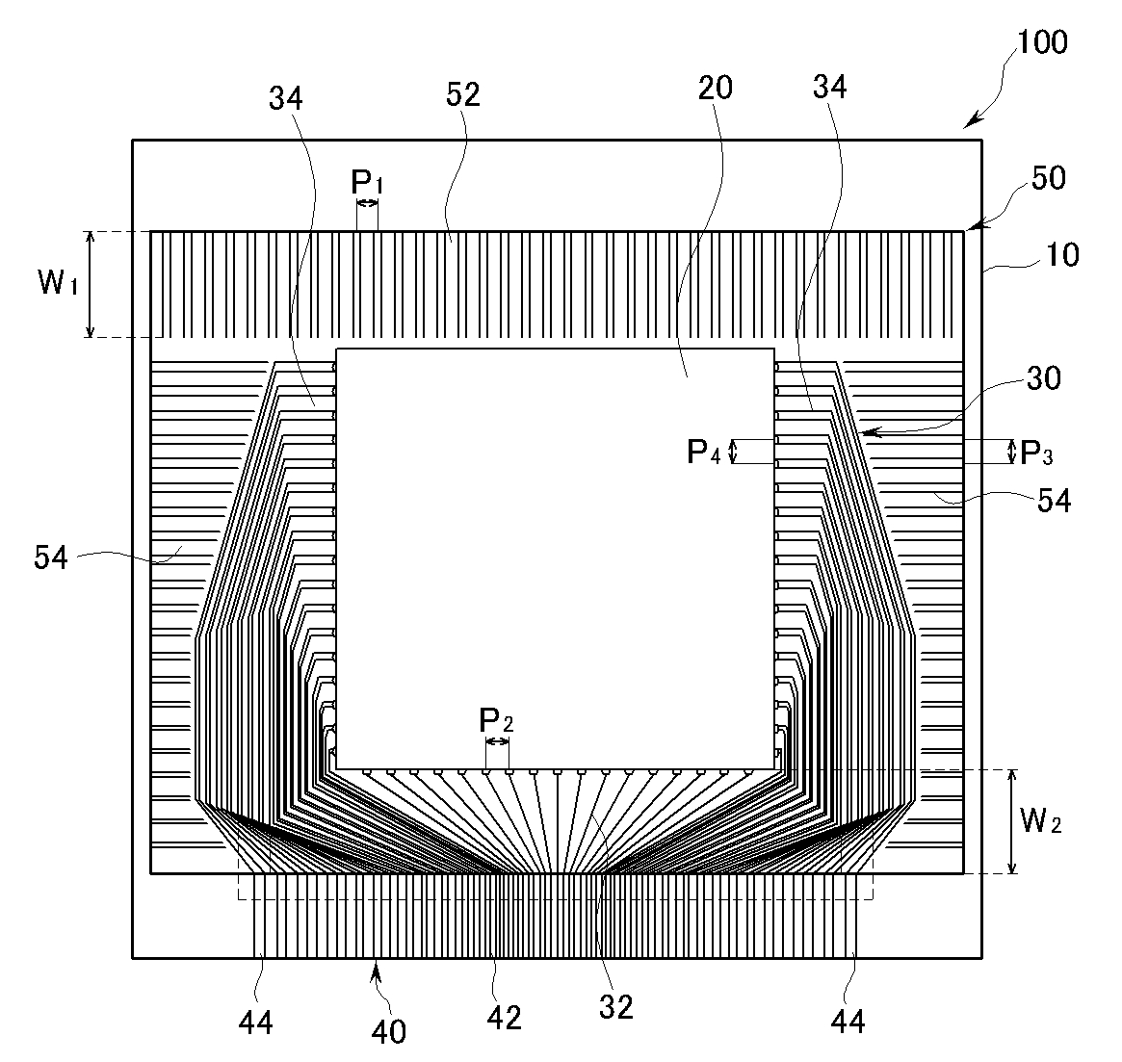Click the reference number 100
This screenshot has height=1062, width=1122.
pos(1043,42)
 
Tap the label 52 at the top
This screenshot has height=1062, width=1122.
pos(463,94)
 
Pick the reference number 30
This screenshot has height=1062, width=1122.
pos(1042,378)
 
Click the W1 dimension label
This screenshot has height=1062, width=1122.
pos(57,284)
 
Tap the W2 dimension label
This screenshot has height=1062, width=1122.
pos(1041,822)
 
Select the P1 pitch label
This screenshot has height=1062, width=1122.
pos(366,181)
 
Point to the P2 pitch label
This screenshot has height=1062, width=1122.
pos(496,720)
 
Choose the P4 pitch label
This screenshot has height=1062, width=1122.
pos(703,451)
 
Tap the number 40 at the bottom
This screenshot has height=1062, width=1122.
pos(386,1031)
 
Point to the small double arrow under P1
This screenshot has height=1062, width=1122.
pos(367,203)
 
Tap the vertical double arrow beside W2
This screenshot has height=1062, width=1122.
pos(1010,821)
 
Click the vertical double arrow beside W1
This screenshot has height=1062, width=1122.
pos(90,284)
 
